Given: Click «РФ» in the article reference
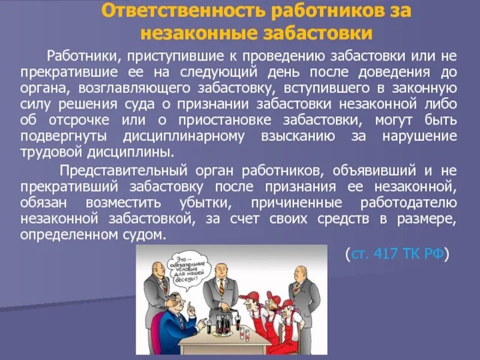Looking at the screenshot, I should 434,253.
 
